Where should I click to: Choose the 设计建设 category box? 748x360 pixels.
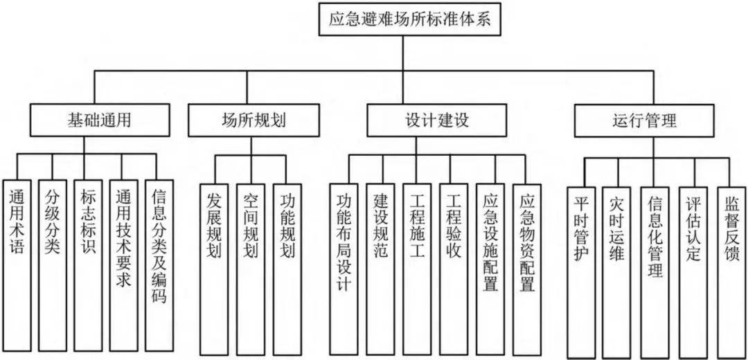(437, 120)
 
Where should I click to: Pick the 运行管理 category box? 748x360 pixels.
(644, 120)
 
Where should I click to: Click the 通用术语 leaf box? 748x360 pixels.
(18, 263)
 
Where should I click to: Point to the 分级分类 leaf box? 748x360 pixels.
(53, 263)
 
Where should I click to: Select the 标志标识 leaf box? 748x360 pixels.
(88, 263)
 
